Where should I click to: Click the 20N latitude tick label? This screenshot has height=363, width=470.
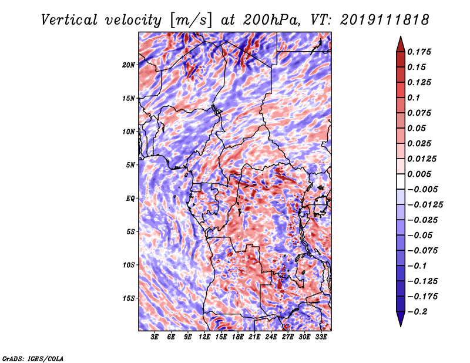pyautogui.click(x=129, y=65)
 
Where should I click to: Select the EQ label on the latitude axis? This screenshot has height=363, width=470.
pyautogui.click(x=130, y=199)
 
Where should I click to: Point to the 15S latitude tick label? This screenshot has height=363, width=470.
pyautogui.click(x=129, y=298)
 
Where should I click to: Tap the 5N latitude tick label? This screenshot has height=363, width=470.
pyautogui.click(x=130, y=165)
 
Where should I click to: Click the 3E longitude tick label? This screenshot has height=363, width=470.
pyautogui.click(x=155, y=337)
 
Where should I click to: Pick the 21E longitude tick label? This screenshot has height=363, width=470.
pyautogui.click(x=254, y=337)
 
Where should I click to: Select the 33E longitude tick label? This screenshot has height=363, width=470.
pyautogui.click(x=321, y=337)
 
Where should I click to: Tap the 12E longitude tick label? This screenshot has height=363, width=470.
pyautogui.click(x=204, y=337)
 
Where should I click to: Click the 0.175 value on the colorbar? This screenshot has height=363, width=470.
pyautogui.click(x=419, y=52)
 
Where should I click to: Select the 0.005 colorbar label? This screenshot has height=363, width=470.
pyautogui.click(x=419, y=174)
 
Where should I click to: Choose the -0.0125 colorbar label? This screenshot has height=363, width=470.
pyautogui.click(x=425, y=205)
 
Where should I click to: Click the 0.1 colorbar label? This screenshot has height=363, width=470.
pyautogui.click(x=414, y=98)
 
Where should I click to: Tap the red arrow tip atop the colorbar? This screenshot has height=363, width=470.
pyautogui.click(x=401, y=36)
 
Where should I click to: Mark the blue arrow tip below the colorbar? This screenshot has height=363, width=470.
pyautogui.click(x=401, y=327)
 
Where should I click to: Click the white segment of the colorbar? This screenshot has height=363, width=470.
pyautogui.click(x=401, y=181)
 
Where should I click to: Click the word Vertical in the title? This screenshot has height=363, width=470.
pyautogui.click(x=69, y=20)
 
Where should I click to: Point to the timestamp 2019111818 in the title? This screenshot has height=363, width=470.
pyautogui.click(x=385, y=20)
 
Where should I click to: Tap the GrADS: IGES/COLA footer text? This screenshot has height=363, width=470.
pyautogui.click(x=33, y=359)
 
